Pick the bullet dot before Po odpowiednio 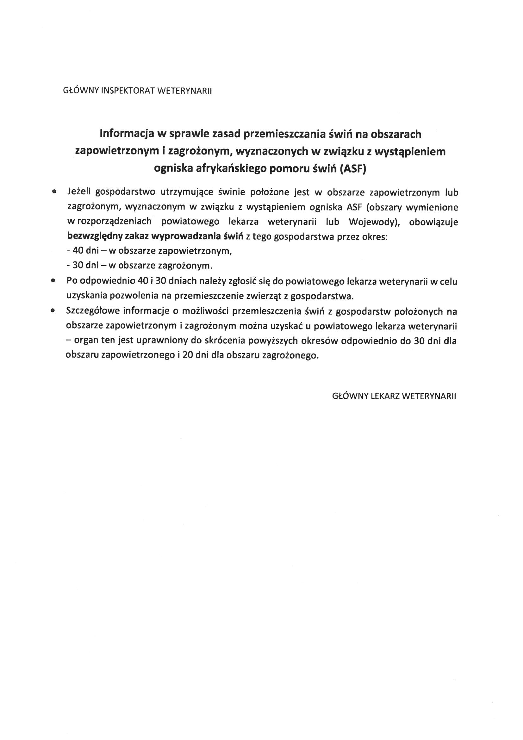[53, 281]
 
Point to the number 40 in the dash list [78, 251]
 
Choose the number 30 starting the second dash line [78, 266]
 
